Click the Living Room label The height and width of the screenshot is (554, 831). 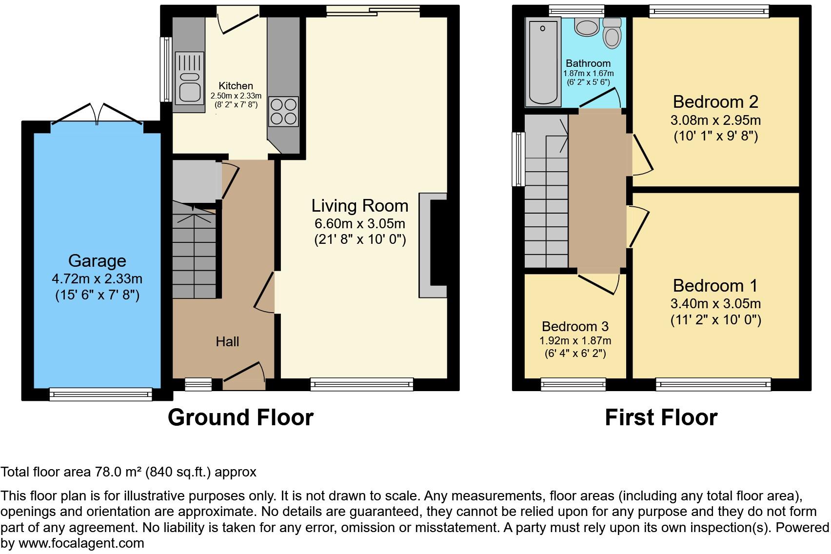coord(360,206)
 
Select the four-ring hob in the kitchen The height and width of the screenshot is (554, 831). coord(283,112)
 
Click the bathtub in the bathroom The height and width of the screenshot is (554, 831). coord(542,62)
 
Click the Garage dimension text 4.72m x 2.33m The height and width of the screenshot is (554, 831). coord(97,279)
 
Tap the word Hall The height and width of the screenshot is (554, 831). coord(227,341)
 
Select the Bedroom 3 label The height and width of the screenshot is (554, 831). coord(575,326)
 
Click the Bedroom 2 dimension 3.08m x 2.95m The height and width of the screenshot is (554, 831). coord(715,120)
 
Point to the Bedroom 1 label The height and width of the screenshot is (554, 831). coord(715,286)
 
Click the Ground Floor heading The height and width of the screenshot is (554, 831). coord(240,417)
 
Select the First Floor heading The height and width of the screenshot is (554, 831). coord(661,417)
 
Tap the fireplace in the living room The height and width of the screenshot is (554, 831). coord(434,245)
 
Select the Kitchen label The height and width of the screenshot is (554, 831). coord(236,86)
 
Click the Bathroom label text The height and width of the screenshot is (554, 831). coord(588,63)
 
